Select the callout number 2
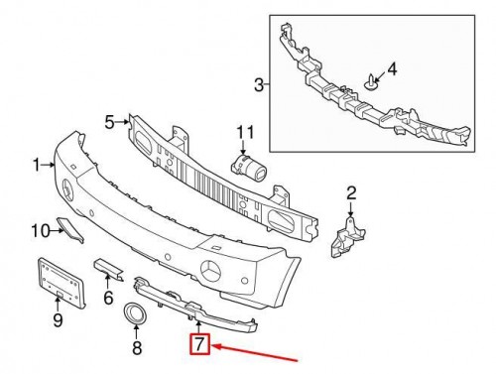click(x=350, y=191)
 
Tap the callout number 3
click(x=259, y=87)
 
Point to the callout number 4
click(x=391, y=69)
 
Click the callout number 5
click(x=110, y=122)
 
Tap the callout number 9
click(x=58, y=319)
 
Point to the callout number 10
click(x=40, y=231)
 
